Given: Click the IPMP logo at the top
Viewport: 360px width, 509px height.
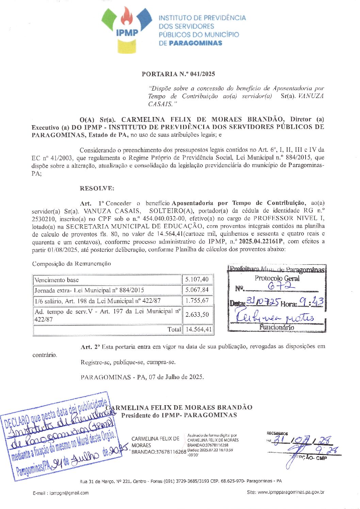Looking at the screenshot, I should (x=127, y=30).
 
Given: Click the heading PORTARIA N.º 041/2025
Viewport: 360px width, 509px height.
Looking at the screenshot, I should (x=178, y=74).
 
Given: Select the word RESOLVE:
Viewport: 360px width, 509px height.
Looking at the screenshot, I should (x=97, y=188).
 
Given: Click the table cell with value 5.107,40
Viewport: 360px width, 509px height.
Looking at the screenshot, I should (x=197, y=280).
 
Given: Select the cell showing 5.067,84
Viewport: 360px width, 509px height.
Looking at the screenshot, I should (x=197, y=290).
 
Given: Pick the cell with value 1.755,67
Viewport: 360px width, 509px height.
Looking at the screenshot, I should (x=197, y=300).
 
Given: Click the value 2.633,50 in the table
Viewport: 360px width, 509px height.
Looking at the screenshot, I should (x=197, y=315).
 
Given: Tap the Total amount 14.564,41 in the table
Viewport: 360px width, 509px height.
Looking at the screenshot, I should (x=198, y=329).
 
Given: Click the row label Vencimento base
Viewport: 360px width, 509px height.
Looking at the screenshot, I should (x=56, y=280).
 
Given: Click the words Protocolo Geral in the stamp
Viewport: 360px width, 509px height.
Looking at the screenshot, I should (x=277, y=278).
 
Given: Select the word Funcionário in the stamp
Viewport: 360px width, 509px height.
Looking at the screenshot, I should (x=277, y=327).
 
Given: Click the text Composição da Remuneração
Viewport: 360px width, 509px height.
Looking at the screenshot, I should (x=71, y=264).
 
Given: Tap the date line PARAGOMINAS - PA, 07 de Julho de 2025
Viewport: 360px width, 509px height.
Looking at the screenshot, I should (x=142, y=377).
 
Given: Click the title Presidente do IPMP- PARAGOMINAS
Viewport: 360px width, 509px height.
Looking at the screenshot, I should (x=179, y=415).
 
